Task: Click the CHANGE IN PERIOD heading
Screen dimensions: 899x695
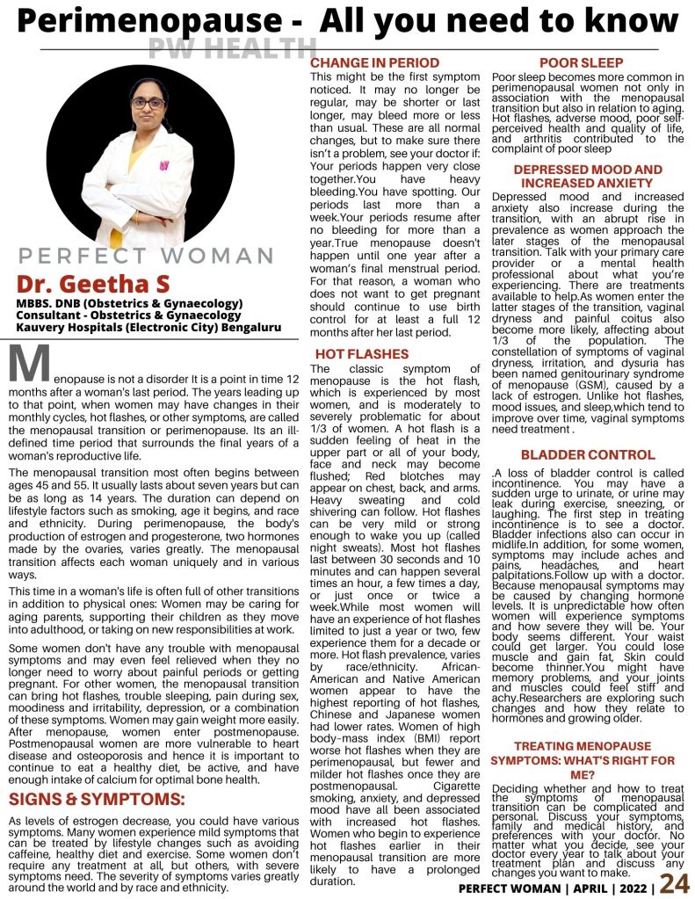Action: pyautogui.click(x=375, y=63)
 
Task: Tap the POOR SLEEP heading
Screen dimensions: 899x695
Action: pyautogui.click(x=581, y=63)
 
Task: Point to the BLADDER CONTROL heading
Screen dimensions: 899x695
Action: pyautogui.click(x=588, y=455)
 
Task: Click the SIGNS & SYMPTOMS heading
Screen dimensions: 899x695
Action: pyautogui.click(x=97, y=799)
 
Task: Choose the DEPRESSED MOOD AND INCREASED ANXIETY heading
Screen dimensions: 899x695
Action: pyautogui.click(x=588, y=176)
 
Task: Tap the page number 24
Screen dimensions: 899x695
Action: pyautogui.click(x=675, y=884)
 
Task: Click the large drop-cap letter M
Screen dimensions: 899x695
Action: pyautogui.click(x=27, y=363)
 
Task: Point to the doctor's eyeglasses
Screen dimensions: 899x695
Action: pyautogui.click(x=147, y=103)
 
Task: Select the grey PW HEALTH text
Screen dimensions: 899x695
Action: pyautogui.click(x=232, y=49)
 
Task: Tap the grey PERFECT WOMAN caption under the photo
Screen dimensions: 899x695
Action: pyautogui.click(x=147, y=257)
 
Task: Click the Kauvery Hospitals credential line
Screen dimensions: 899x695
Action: pyautogui.click(x=148, y=327)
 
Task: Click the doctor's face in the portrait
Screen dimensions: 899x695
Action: pyautogui.click(x=147, y=105)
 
